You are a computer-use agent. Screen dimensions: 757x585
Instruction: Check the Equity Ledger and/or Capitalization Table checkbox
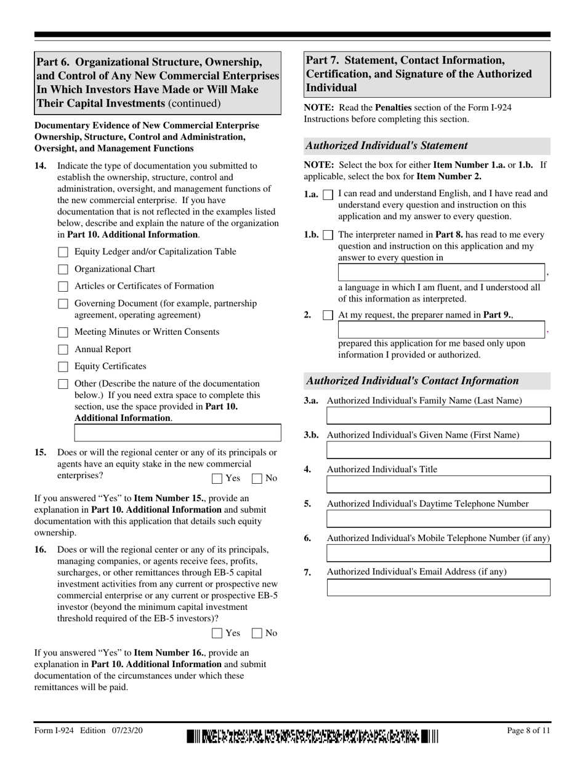pos(63,252)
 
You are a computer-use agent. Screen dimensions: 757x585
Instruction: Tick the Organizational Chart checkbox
pos(63,269)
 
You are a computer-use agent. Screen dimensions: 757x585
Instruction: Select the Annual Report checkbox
pos(63,350)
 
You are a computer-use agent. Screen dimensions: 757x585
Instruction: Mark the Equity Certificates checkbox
pos(63,367)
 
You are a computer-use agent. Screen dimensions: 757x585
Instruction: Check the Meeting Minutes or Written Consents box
pos(63,332)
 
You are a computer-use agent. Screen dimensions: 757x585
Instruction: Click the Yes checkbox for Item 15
pos(217,478)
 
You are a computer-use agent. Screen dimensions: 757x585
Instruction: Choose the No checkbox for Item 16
pos(257,633)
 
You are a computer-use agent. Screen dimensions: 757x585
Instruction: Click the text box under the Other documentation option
pos(177,433)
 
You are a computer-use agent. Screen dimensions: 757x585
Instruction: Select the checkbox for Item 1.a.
pos(328,194)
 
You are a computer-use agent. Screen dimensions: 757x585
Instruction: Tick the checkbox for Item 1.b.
pos(328,235)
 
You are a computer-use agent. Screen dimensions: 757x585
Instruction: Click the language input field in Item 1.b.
pos(442,273)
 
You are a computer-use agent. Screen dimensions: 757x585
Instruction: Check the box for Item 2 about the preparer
pos(328,315)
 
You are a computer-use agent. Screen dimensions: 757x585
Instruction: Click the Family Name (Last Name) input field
pos(438,415)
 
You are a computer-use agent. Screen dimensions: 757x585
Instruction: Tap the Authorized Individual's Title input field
pos(438,484)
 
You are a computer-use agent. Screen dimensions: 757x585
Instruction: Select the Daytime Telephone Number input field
pos(438,519)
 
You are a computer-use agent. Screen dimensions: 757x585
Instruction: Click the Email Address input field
pos(438,587)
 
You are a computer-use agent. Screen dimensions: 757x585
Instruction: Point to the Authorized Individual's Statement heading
pos(387,146)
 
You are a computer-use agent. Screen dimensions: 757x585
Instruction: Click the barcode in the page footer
pos(313,736)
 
